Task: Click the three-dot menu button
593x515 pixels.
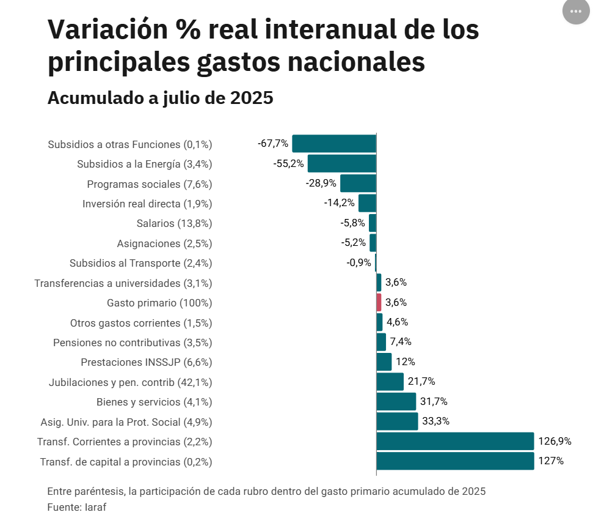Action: (x=575, y=12)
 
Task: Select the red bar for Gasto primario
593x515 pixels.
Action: (x=379, y=302)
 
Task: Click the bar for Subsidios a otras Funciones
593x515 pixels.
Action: (x=334, y=144)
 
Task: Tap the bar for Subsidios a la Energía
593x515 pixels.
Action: (x=341, y=164)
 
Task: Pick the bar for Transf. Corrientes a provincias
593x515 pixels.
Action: (x=455, y=441)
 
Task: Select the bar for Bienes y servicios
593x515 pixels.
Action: (x=396, y=402)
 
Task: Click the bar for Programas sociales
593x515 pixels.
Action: (x=358, y=183)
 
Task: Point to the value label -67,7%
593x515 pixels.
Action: (x=272, y=144)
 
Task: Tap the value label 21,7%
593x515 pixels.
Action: (x=421, y=382)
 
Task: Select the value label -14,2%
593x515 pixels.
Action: (x=340, y=203)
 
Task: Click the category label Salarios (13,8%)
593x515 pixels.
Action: (x=174, y=224)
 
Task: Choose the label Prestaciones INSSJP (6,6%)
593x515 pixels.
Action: (x=146, y=362)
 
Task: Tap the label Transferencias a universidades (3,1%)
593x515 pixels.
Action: (x=123, y=283)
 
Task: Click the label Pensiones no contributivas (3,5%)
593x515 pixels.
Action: (x=133, y=343)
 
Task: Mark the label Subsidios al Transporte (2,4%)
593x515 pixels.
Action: (x=140, y=264)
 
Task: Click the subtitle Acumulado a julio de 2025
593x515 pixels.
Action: (x=160, y=98)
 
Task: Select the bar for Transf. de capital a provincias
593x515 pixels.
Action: (x=455, y=461)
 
